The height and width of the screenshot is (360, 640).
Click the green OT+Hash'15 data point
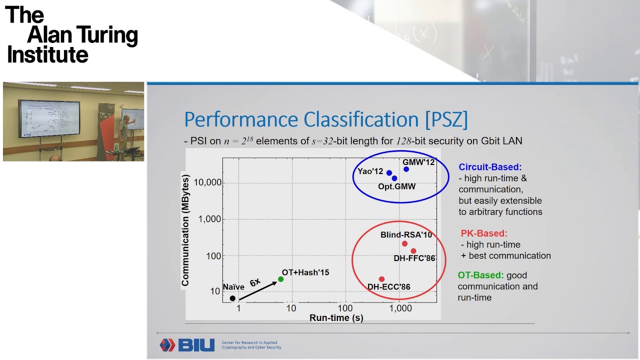point(280,279)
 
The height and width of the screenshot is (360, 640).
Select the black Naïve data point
point(232,298)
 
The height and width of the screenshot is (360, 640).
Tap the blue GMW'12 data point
point(406,169)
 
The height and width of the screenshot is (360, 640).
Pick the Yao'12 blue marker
point(389,173)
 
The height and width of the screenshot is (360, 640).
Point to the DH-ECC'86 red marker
point(381,279)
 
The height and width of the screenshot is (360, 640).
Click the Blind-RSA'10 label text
point(406,234)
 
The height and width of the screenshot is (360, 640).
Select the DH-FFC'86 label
point(414,258)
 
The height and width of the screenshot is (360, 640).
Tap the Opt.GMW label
point(397,186)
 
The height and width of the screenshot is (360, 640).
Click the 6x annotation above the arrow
point(255,282)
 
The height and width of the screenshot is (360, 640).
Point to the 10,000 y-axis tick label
point(205,183)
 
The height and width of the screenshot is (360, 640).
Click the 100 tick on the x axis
point(345,308)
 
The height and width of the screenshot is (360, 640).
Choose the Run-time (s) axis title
point(336,317)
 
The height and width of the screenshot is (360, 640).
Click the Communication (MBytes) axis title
point(186,230)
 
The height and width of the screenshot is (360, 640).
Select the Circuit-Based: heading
point(490,167)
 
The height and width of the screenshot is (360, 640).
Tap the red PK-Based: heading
point(483,233)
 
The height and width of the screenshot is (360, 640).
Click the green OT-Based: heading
point(480,275)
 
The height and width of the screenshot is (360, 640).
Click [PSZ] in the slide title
point(446,120)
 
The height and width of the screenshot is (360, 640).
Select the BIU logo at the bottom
point(187,345)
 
